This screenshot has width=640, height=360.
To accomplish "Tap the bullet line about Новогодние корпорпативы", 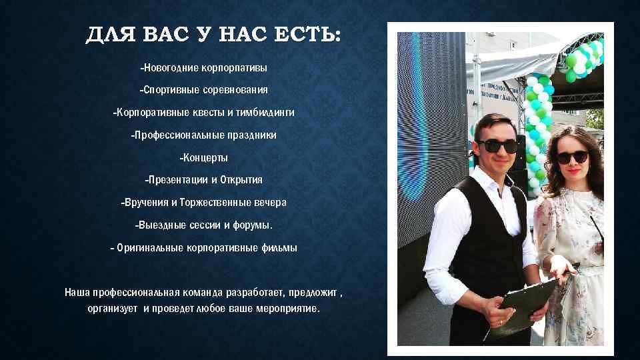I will point(203,68).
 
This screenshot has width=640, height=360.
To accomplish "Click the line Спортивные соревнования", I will point(203,89).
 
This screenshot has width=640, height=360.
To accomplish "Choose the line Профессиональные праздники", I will point(203,135).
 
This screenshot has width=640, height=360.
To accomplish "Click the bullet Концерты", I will point(203,158).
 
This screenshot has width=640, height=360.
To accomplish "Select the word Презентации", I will point(176,180).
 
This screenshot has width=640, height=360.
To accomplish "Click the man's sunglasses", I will point(497,145).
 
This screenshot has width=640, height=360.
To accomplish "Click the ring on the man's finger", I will point(500,322).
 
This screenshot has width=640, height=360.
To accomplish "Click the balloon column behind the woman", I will point(537,133).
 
